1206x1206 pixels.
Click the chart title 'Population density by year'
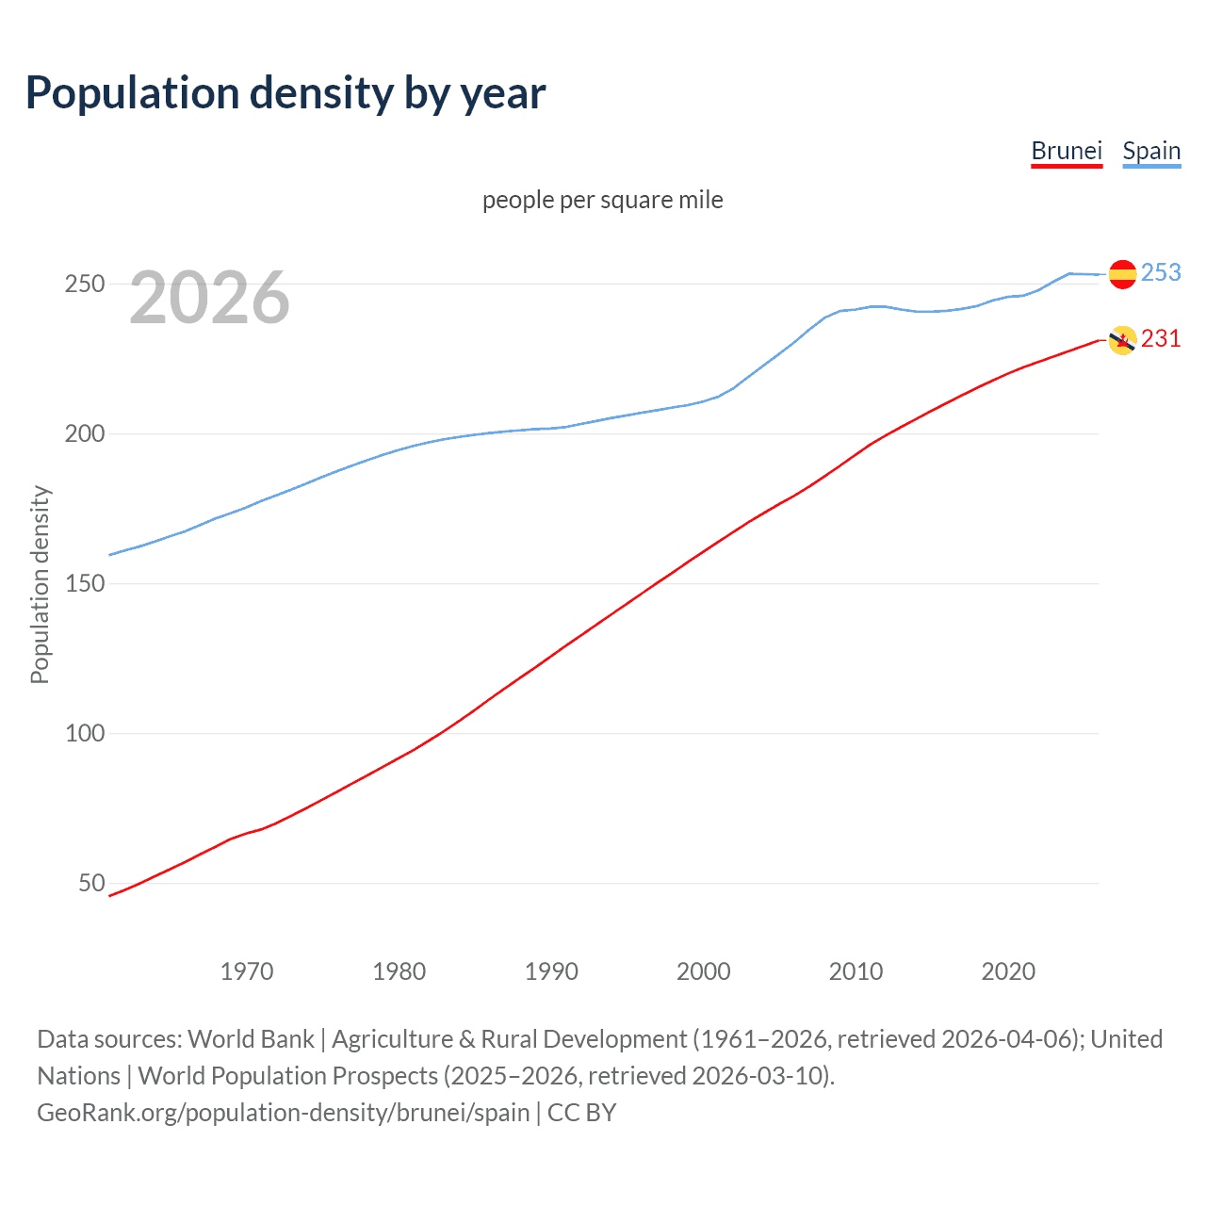tap(285, 93)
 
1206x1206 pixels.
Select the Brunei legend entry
tap(1067, 152)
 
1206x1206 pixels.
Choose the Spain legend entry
tap(1151, 152)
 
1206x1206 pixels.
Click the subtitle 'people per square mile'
tap(603, 200)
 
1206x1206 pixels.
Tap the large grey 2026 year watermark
tap(209, 298)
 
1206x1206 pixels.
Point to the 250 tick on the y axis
tap(85, 284)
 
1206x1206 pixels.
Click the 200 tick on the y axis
tap(85, 433)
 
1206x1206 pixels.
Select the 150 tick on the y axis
tap(85, 583)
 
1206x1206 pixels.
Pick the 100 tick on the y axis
tap(85, 733)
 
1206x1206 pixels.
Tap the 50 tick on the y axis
tap(91, 883)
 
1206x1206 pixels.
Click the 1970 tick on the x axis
tap(247, 971)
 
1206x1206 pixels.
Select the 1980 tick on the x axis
tap(399, 971)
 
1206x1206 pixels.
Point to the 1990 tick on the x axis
tap(551, 971)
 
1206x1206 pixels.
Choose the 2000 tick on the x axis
tap(704, 971)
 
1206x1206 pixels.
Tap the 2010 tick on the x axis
tap(856, 971)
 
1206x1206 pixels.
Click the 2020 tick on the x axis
tap(1008, 971)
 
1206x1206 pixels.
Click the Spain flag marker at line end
tap(1122, 274)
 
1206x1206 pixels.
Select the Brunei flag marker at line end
tap(1122, 340)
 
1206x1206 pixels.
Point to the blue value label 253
tap(1161, 272)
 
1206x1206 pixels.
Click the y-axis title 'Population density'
tap(40, 584)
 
